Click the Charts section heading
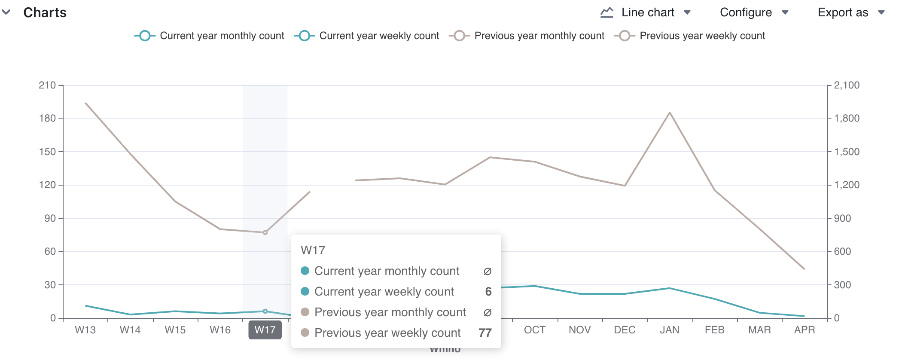pyautogui.click(x=45, y=12)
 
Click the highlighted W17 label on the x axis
pyautogui.click(x=265, y=330)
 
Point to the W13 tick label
pyautogui.click(x=85, y=330)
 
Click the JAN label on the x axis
pyautogui.click(x=669, y=330)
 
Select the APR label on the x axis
pyautogui.click(x=804, y=330)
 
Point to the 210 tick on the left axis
pyautogui.click(x=47, y=85)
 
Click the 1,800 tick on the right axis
pyautogui.click(x=847, y=118)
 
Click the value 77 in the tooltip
pyautogui.click(x=485, y=333)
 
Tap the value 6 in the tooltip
pyautogui.click(x=488, y=292)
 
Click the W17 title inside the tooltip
pyautogui.click(x=313, y=250)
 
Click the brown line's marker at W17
pyautogui.click(x=265, y=232)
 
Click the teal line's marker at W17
pyautogui.click(x=265, y=311)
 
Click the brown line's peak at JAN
pyautogui.click(x=670, y=113)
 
